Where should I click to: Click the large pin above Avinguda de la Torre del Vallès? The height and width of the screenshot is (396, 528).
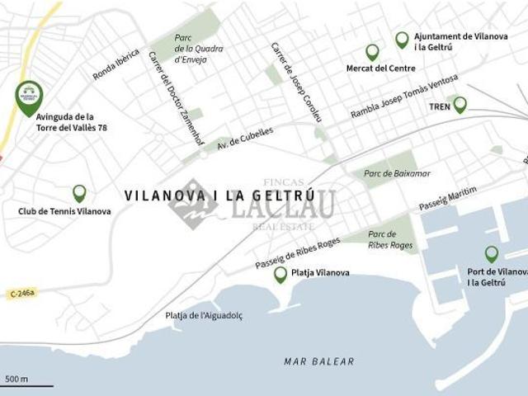(29, 97)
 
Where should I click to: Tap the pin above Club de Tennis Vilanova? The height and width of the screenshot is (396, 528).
(79, 193)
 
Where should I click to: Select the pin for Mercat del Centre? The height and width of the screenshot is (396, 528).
(372, 52)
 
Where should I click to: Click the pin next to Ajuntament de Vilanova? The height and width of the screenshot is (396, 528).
(402, 40)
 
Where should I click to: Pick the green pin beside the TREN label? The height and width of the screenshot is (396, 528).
(460, 105)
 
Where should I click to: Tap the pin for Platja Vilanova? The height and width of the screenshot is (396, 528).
(280, 274)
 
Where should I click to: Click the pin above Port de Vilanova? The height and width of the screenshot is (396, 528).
(492, 254)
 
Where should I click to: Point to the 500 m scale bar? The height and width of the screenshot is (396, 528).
(27, 383)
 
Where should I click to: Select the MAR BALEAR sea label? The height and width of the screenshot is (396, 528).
(318, 361)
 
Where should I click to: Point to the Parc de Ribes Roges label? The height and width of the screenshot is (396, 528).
(390, 239)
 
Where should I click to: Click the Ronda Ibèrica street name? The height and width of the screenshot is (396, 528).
(116, 64)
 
